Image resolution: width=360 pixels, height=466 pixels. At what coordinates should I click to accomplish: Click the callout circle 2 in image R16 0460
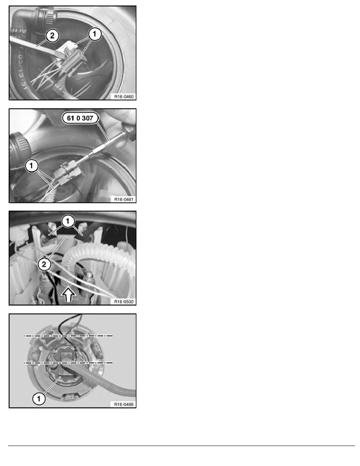(x=52, y=36)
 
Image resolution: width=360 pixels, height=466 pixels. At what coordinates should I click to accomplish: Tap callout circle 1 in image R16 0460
(x=95, y=34)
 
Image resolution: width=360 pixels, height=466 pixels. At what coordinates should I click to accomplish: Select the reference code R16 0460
(x=124, y=96)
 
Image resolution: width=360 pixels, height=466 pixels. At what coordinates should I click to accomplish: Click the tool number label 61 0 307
(x=80, y=118)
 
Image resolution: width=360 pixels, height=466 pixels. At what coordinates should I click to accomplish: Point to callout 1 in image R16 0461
(x=32, y=165)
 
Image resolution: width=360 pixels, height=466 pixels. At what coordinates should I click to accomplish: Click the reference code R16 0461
(x=124, y=199)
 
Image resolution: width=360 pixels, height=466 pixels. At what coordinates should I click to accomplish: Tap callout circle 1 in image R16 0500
(x=68, y=221)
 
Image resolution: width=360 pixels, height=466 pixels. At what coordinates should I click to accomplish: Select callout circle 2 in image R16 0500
(x=44, y=264)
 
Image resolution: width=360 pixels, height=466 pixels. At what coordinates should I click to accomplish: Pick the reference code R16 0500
(x=124, y=302)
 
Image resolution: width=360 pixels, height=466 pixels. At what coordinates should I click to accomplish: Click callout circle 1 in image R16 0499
(x=38, y=399)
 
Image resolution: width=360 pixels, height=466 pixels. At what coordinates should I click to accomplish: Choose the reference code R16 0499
(x=124, y=404)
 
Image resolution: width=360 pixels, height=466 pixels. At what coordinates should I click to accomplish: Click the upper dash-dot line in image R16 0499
(x=68, y=336)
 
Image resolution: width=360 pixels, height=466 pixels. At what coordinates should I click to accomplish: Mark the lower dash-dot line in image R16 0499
(x=68, y=362)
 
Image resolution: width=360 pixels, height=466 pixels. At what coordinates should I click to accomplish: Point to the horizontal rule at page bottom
(x=182, y=446)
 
